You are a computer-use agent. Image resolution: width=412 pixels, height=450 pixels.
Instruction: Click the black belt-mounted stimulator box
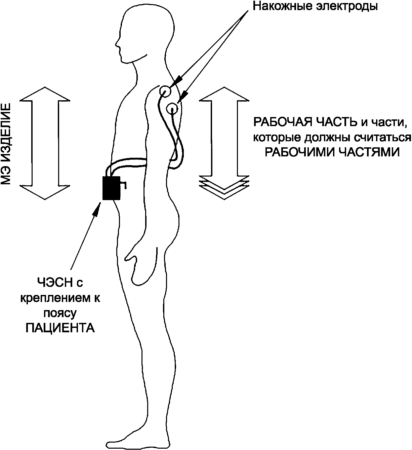pyautogui.click(x=111, y=188)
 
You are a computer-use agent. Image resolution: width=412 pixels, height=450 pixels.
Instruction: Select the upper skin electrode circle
pyautogui.click(x=165, y=91)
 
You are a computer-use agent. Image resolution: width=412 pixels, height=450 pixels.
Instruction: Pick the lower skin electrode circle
pyautogui.click(x=172, y=108)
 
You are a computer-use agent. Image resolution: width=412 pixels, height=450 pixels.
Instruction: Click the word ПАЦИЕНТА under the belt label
pyautogui.click(x=60, y=328)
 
